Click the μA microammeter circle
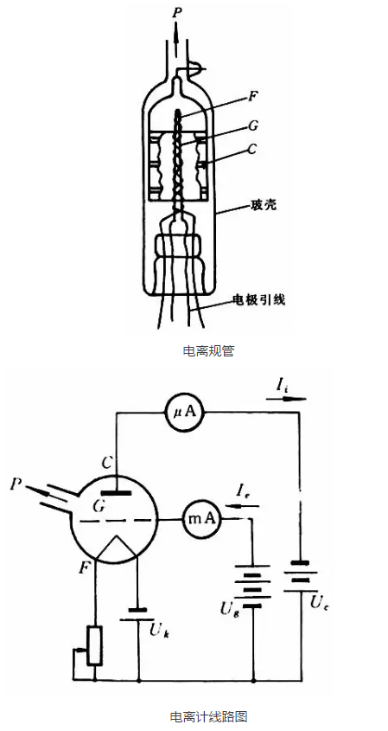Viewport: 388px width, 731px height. [x=186, y=412]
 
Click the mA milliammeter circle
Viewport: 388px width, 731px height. [x=201, y=519]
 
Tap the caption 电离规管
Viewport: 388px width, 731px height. [x=208, y=350]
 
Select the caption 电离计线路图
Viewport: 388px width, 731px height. [x=208, y=716]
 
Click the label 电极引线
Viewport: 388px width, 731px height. [x=258, y=299]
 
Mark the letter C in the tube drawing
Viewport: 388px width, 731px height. [x=252, y=150]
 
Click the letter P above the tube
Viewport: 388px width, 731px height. [x=176, y=12]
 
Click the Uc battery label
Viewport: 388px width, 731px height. [x=320, y=604]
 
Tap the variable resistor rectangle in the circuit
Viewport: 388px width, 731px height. [x=95, y=645]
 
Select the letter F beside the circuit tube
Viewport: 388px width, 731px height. [x=85, y=568]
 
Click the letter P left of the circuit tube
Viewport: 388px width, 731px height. [x=16, y=484]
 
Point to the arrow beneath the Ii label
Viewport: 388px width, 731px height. [x=287, y=399]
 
